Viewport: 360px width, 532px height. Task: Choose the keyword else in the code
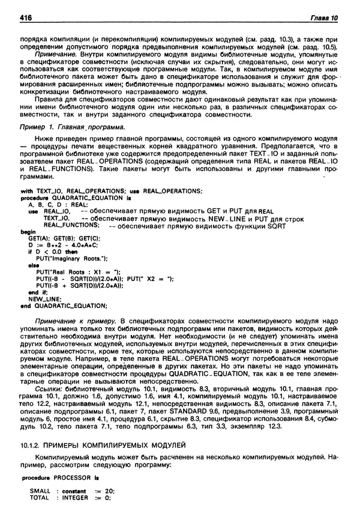[x=26, y=265]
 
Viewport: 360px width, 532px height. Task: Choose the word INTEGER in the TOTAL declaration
[x=75, y=497]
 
